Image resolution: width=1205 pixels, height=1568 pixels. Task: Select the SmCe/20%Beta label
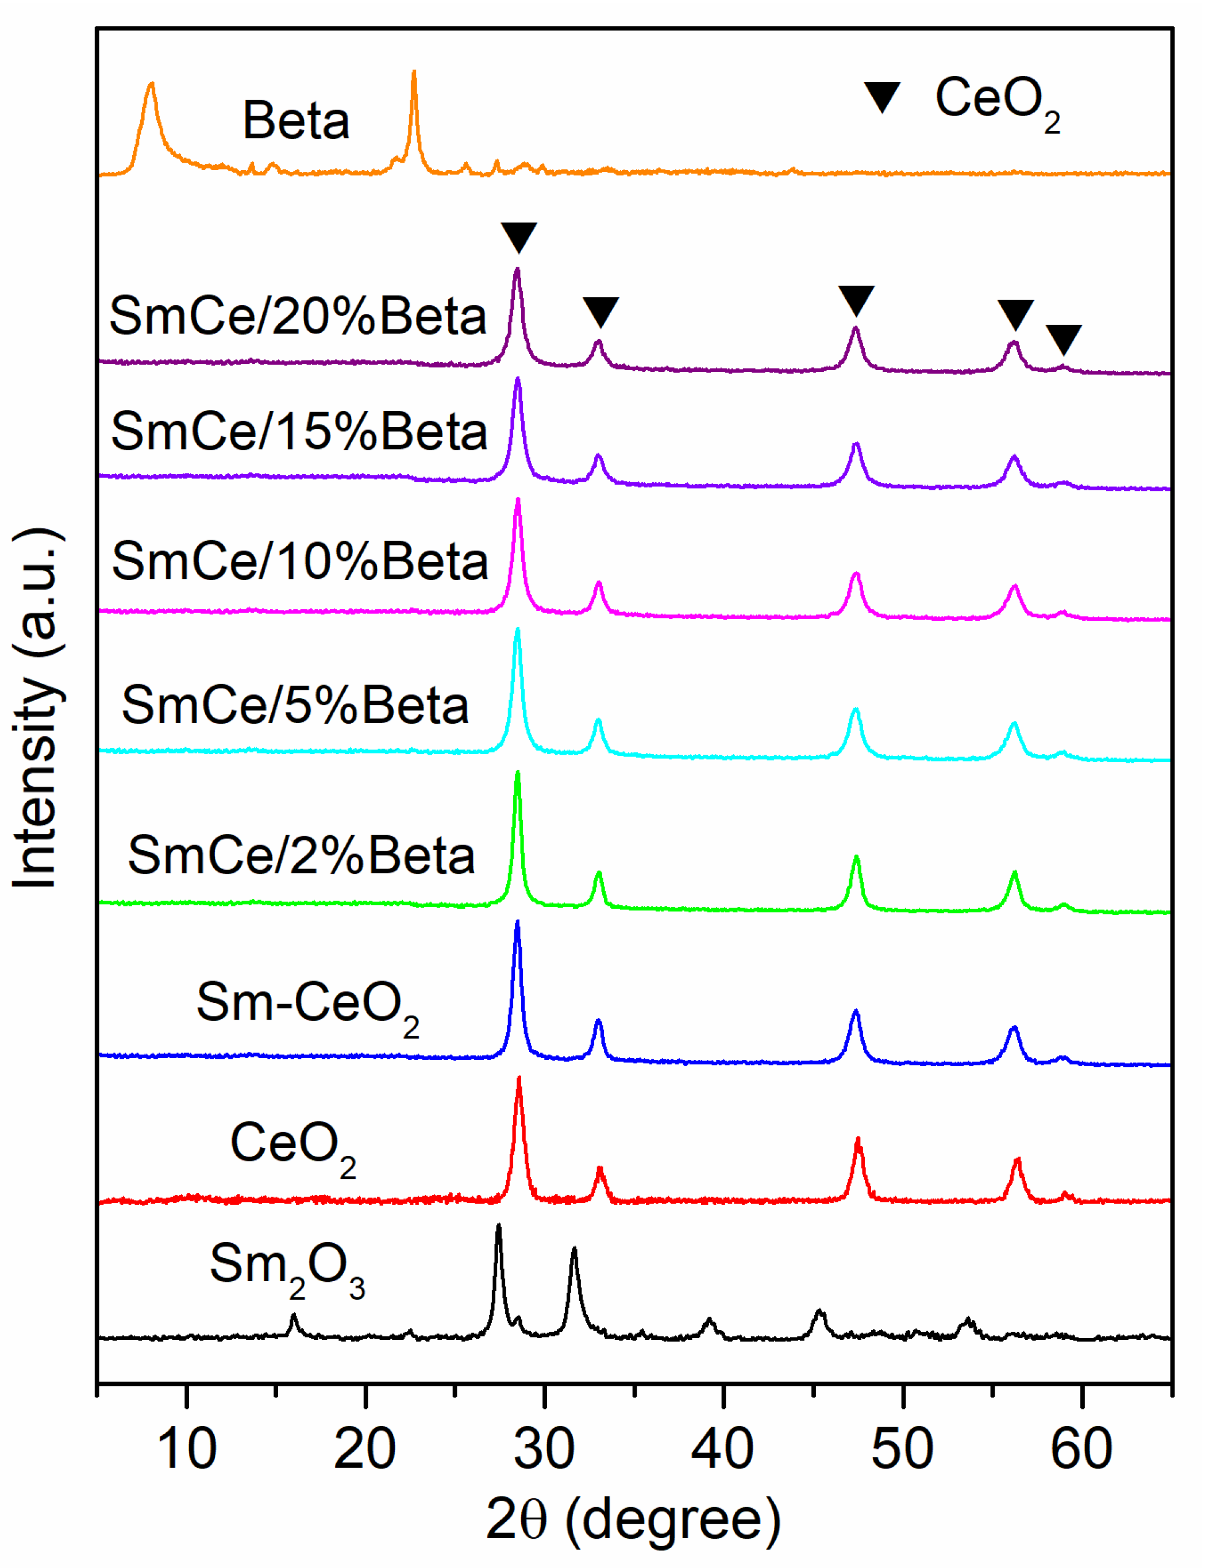tap(298, 316)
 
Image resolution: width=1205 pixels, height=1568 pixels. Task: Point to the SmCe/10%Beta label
tap(300, 561)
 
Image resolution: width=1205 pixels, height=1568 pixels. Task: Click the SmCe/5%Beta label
tap(295, 705)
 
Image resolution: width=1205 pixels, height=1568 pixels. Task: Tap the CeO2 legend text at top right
tap(997, 101)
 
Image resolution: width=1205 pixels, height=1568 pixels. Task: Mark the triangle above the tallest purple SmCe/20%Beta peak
tap(518, 237)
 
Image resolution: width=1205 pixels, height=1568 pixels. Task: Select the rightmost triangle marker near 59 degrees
tap(1063, 339)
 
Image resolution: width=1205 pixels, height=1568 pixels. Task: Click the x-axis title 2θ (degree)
tap(633, 1520)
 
